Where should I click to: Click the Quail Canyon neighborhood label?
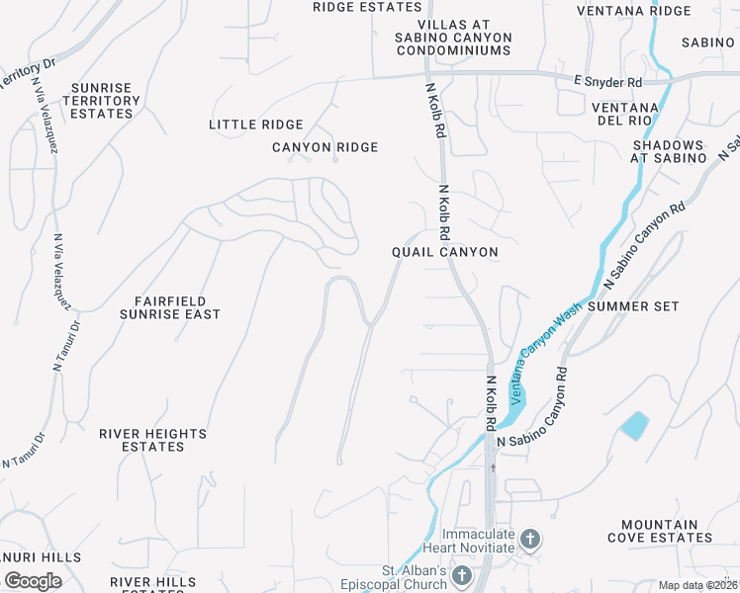pos(445,252)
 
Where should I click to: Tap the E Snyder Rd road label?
pos(607,81)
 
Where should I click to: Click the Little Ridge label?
pos(256,125)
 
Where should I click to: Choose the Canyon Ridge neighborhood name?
pos(325,147)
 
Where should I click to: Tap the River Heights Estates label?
pos(152,440)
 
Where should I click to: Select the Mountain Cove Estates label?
pos(667,531)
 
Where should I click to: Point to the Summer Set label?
pos(633,306)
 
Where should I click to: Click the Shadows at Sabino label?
pos(670,151)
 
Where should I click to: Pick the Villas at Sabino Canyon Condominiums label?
pos(465,38)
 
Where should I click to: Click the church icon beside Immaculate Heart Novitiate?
pos(530,540)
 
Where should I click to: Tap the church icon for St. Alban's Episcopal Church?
pos(461,575)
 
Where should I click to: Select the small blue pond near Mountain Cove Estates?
pos(634,425)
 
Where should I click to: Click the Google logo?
pos(33,581)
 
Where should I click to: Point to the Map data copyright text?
pos(698,585)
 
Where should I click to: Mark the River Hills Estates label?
pos(153,584)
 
